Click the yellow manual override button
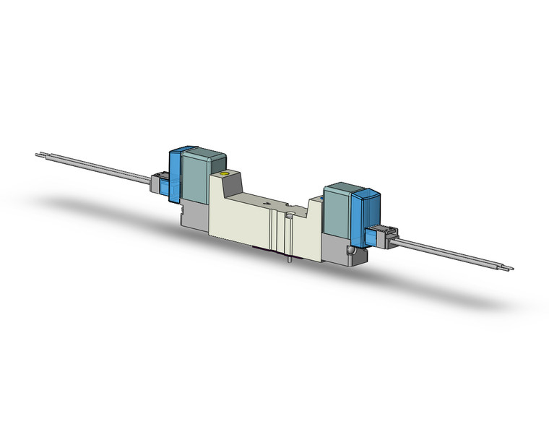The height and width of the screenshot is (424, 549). [x=225, y=175]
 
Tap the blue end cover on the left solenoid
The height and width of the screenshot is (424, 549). [x=174, y=173]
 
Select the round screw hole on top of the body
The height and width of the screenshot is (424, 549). [x=289, y=215]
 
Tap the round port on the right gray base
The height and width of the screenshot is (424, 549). [x=352, y=251]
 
